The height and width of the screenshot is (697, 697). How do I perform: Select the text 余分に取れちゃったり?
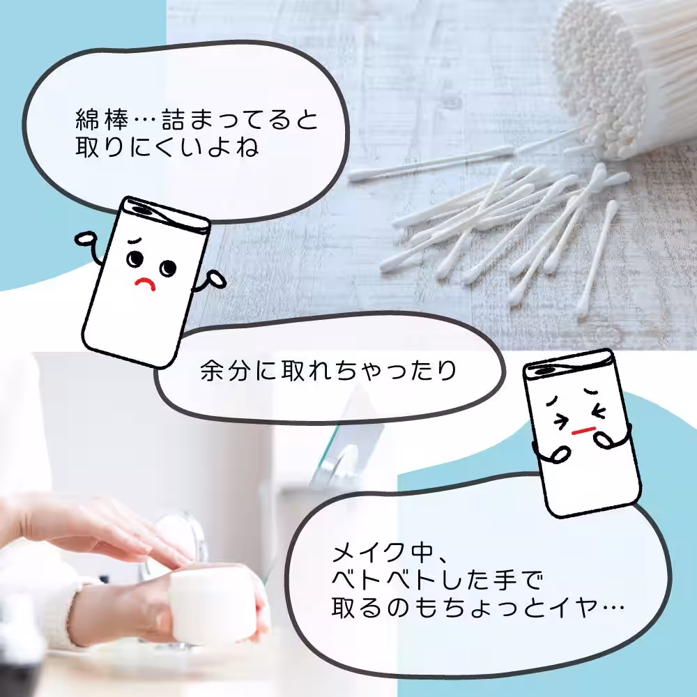click(328, 371)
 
